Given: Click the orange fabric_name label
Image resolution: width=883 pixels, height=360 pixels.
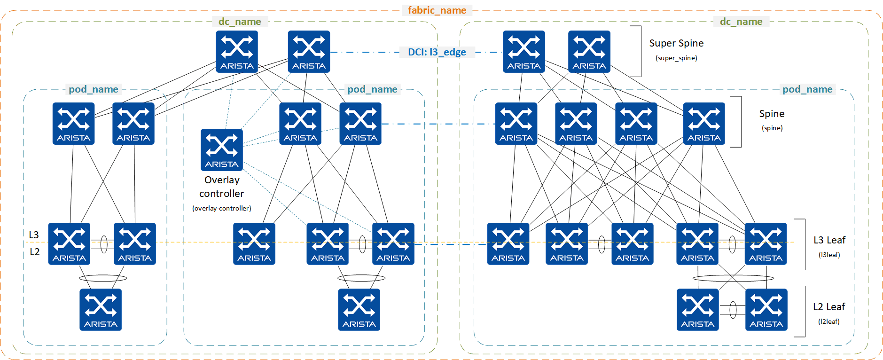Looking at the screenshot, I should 437,10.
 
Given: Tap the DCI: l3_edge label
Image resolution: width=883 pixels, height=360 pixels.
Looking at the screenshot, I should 437,52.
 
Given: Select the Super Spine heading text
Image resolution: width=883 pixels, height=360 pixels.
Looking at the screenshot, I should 676,43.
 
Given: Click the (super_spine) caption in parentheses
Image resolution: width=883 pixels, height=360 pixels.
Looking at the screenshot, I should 676,58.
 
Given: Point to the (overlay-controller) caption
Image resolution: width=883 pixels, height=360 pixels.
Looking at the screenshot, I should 221,208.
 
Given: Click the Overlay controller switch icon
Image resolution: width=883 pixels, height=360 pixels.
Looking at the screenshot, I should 221,149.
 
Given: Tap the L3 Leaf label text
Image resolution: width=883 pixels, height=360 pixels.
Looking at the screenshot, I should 829,240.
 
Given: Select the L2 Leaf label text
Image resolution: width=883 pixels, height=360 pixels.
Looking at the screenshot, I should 829,307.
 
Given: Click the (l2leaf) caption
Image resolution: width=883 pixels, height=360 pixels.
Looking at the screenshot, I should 828,321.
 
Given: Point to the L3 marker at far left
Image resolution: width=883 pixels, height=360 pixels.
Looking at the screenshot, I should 34,235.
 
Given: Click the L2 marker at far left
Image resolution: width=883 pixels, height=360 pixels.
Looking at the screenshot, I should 34,252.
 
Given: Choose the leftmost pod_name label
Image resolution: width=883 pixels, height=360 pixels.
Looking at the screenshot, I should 93,89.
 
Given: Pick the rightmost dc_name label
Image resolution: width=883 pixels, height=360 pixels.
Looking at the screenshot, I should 741,22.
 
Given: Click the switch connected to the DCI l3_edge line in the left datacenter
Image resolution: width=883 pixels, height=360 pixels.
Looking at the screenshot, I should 309,52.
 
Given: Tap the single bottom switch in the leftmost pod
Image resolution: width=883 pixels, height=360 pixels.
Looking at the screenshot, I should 101,310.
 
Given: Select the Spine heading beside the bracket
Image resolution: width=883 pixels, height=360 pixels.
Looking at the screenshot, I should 772,114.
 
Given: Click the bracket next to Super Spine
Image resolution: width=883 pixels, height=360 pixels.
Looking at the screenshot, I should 640,51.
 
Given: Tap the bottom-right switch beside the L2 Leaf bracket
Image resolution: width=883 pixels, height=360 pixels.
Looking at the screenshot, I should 766,310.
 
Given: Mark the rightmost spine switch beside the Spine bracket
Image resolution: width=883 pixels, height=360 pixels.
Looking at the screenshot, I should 703,124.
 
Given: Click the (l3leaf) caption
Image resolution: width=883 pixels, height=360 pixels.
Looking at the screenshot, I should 829,255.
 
